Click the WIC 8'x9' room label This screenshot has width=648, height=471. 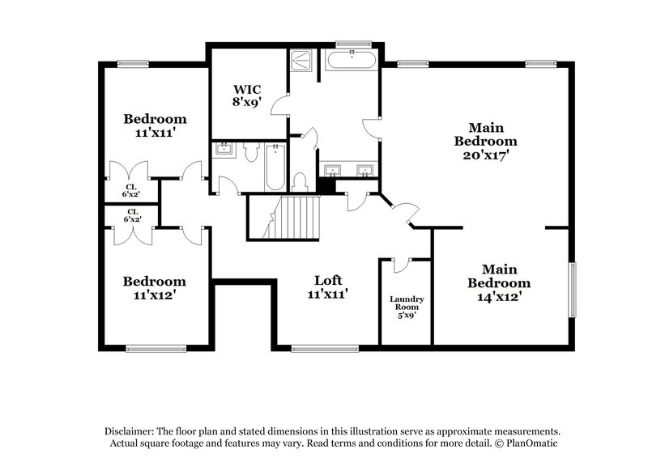[x=247, y=95]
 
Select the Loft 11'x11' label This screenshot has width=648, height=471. [x=332, y=287]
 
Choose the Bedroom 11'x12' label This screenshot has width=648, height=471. [x=155, y=288]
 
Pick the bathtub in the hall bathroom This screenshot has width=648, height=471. [x=275, y=164]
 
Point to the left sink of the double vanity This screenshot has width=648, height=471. [x=334, y=171]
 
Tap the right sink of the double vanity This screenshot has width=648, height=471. [x=366, y=171]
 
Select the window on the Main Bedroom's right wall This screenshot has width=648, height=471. [x=573, y=290]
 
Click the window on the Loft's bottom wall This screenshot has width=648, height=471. [x=313, y=349]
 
